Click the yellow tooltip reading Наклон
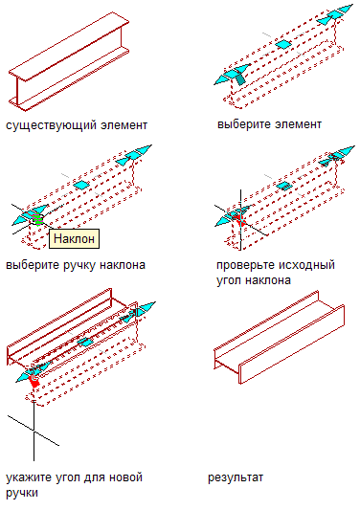point(74,238)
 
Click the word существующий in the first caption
point(51,125)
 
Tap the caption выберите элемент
point(269,124)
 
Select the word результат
point(236,477)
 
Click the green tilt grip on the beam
point(37,219)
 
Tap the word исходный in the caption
point(308,265)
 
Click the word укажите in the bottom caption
point(29,477)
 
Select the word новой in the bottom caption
point(125,477)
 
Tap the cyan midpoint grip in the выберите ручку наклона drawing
point(81,185)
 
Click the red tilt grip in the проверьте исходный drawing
point(240,219)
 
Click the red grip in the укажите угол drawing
point(34,381)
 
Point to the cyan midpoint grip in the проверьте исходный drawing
point(284,186)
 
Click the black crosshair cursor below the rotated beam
point(34,431)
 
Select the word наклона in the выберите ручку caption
point(123,265)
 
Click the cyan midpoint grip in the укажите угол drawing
point(85,343)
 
